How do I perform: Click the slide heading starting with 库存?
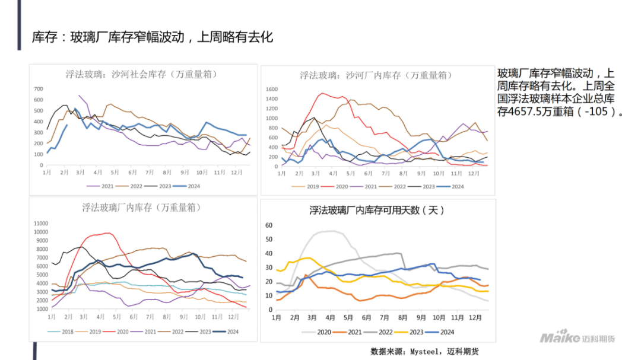[153, 37]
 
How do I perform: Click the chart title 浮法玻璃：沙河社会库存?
[141, 75]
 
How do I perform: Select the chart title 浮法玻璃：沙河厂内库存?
[376, 75]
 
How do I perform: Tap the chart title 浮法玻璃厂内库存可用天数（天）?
[377, 210]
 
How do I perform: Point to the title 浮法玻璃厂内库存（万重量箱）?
[141, 208]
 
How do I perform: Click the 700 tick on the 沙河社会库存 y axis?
[39, 89]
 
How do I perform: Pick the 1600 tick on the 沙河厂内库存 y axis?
[271, 89]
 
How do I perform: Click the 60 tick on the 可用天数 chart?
[268, 225]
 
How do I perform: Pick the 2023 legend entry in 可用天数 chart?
[415, 332]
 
